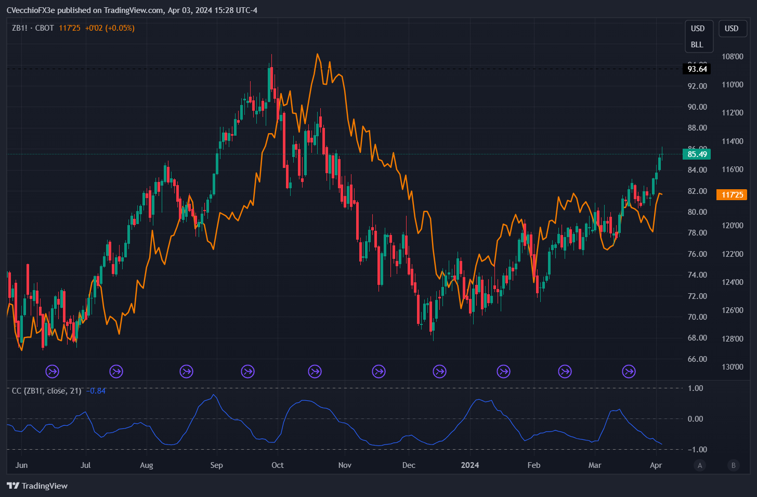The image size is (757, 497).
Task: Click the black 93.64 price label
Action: click(x=697, y=69)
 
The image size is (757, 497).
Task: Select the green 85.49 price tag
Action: click(x=697, y=154)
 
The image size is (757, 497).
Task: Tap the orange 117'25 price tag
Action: click(x=732, y=195)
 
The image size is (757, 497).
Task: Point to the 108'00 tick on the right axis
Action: click(x=732, y=57)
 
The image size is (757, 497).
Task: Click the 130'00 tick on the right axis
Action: click(x=732, y=367)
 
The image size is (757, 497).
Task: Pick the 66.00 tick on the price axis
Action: click(x=697, y=359)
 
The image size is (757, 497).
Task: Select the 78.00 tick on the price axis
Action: click(x=697, y=233)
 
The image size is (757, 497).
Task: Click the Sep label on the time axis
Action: click(x=216, y=465)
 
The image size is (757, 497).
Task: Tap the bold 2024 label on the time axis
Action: click(x=470, y=465)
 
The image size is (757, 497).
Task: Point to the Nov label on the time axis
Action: click(x=345, y=465)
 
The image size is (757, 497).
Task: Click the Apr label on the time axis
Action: click(x=656, y=465)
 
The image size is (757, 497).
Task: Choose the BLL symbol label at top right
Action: click(x=697, y=45)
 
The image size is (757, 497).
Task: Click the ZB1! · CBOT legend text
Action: click(x=33, y=28)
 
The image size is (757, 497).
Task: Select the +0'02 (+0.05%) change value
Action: click(x=110, y=28)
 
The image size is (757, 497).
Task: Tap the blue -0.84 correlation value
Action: click(x=96, y=391)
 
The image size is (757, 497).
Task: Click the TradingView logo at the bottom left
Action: click(x=37, y=486)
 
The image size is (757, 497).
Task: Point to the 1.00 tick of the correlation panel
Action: click(x=695, y=388)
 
